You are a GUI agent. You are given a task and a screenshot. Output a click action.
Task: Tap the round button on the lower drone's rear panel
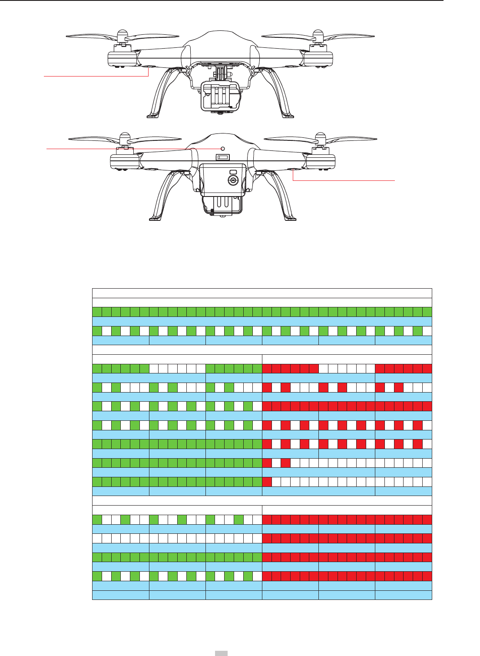[x=233, y=180]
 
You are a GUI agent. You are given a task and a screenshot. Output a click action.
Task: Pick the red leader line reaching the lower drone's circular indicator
[x=130, y=149]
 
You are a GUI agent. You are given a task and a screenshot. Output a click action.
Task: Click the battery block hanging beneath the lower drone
[x=222, y=204]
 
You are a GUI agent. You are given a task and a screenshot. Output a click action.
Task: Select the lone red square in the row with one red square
[x=267, y=482]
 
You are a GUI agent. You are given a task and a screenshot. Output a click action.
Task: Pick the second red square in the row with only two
[x=286, y=463]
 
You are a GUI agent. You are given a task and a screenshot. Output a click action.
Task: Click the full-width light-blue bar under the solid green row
[x=262, y=321]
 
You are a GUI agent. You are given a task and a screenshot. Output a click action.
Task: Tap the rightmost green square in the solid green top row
[x=427, y=312]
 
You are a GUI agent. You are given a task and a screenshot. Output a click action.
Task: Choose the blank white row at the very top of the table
[x=262, y=293]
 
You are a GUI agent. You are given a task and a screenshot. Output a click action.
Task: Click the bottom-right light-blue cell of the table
[x=403, y=595]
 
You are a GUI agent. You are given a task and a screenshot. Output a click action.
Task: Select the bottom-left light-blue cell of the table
[x=120, y=595]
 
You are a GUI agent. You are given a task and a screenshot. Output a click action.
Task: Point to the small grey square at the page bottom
[x=222, y=653]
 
